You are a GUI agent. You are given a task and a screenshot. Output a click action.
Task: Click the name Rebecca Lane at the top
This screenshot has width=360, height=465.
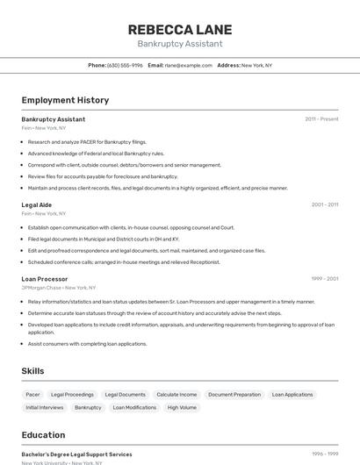pos(179,29)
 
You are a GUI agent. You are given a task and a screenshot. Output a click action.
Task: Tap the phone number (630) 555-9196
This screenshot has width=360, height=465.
pos(125,65)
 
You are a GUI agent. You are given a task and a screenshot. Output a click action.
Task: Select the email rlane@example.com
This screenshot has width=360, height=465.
pos(189,65)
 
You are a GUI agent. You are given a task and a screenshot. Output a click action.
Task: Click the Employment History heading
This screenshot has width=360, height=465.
pos(65,100)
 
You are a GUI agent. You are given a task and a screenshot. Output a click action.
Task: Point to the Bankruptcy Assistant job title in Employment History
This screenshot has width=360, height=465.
pos(54,118)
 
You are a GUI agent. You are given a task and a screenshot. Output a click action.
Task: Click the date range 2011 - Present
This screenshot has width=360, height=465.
pos(321,118)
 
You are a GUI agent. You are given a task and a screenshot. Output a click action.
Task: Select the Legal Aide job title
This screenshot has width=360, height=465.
pos(37,204)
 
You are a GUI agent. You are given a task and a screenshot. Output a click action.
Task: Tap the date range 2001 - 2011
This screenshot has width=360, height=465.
pos(324,204)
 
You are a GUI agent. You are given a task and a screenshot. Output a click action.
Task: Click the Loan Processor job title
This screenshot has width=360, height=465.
pos(45,279)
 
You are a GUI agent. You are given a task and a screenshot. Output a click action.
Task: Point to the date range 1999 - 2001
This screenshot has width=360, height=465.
pos(324,279)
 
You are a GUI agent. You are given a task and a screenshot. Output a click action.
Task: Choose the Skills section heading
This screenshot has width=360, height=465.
pos(32,371)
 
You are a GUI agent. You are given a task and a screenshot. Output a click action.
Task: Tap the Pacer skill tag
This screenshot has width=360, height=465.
pos(32,395)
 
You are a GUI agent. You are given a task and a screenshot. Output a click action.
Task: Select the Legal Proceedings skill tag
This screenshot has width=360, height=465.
pos(72,395)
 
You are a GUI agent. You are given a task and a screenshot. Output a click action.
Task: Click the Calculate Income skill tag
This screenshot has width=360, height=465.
pos(176,395)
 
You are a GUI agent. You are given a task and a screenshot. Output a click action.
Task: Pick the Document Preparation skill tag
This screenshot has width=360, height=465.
pos(234,395)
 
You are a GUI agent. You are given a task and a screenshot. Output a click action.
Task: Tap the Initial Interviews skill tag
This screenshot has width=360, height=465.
pos(45,407)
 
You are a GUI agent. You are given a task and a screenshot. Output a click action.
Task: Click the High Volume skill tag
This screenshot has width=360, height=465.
pos(182,407)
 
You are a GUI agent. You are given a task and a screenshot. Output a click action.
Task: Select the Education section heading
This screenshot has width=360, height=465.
pos(43,435)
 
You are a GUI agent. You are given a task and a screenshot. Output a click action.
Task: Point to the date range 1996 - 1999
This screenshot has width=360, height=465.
pos(324,454)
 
